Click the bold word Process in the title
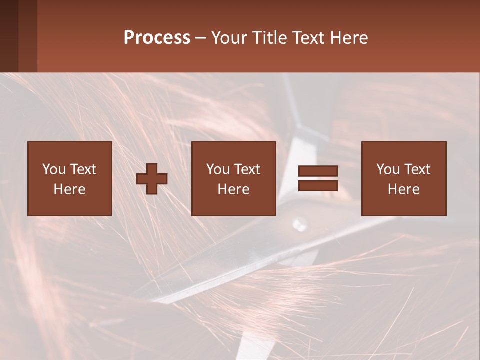click(157, 38)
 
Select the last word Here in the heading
click(350, 38)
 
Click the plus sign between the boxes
click(152, 178)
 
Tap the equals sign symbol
click(318, 178)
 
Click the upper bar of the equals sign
click(318, 171)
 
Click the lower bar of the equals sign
click(318, 185)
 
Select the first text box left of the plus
click(69, 178)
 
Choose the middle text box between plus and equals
click(233, 178)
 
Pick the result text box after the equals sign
click(403, 178)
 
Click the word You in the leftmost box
click(54, 169)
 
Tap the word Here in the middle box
click(233, 189)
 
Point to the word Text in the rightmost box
click(416, 169)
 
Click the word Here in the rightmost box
click(403, 189)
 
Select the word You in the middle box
click(218, 169)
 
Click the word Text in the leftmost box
click(82, 169)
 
